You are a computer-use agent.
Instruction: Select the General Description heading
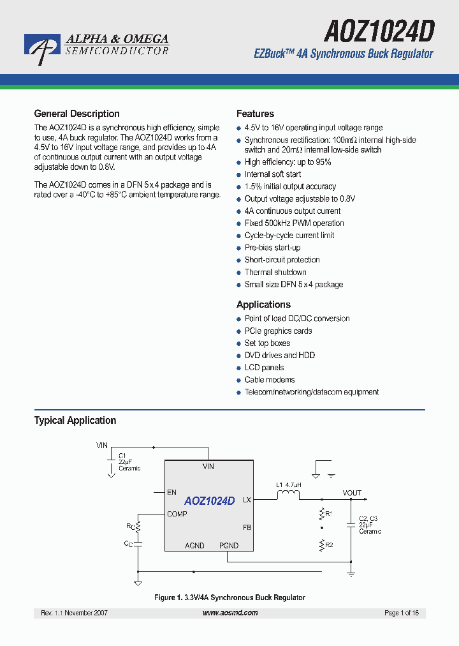76,114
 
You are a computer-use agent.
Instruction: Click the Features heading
255,114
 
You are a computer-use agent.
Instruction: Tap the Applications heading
263,304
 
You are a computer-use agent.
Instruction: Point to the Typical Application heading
75,420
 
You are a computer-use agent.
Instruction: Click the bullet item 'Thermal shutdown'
275,272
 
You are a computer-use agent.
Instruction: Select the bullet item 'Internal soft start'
273,174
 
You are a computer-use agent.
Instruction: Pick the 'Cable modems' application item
270,380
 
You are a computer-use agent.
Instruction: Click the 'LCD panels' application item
264,368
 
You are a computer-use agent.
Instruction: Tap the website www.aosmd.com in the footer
230,613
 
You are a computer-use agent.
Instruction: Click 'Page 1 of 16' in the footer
402,613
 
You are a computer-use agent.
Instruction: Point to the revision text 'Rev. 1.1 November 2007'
74,613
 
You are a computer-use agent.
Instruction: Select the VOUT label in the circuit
352,493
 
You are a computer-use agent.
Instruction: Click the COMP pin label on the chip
177,514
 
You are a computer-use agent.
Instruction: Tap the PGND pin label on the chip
229,546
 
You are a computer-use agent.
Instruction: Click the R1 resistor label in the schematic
329,513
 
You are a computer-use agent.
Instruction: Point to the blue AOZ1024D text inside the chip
210,501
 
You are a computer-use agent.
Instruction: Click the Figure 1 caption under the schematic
229,597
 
